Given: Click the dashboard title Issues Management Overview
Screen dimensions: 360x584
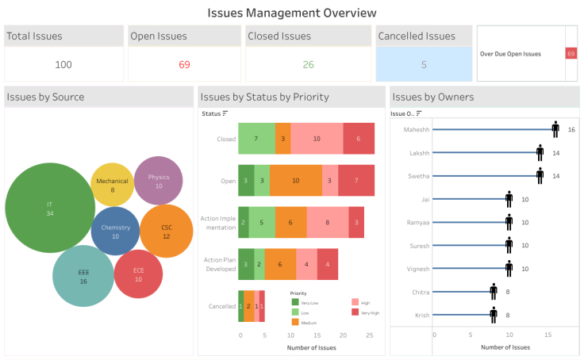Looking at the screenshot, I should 291,13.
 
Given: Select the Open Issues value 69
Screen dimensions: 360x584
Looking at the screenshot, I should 184,64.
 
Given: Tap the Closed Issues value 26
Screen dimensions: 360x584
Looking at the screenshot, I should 308,64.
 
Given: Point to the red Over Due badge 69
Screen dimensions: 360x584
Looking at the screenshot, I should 571,53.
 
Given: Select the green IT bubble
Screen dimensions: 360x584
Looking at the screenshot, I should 50,208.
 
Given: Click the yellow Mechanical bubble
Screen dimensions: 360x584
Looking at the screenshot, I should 112,185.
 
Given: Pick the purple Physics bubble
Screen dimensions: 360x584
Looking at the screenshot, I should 159,181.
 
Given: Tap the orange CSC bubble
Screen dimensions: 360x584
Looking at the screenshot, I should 166,231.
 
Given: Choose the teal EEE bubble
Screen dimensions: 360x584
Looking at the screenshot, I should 83,276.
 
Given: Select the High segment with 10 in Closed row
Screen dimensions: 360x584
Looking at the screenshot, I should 317,139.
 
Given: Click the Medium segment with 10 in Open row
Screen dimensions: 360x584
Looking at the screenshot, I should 296,181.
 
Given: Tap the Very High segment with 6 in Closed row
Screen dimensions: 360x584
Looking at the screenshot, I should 359,139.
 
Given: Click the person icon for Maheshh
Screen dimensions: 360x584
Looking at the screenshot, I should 555,129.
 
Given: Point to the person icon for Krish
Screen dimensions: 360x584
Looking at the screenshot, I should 494,316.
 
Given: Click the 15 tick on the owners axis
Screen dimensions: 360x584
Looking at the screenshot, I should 547,335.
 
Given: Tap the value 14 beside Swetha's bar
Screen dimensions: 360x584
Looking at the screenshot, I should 556,175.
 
